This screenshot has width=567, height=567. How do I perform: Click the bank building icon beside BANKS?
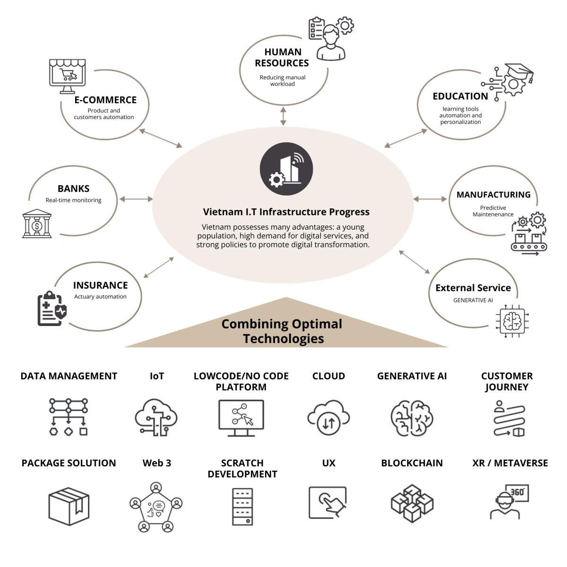pyautogui.click(x=37, y=223)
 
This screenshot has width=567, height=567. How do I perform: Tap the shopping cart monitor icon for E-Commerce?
pyautogui.click(x=68, y=76)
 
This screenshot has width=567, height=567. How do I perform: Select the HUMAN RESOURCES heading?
pyautogui.click(x=282, y=58)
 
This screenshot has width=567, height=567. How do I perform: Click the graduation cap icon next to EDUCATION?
pyautogui.click(x=513, y=81)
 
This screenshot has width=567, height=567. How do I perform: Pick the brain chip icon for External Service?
pyautogui.click(x=512, y=321)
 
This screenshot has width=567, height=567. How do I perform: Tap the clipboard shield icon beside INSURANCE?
pyautogui.click(x=52, y=309)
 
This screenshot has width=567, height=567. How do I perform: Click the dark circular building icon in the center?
pyautogui.click(x=286, y=169)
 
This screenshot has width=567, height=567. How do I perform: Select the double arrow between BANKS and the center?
pyautogui.click(x=136, y=199)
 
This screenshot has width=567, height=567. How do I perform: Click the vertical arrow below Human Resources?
pyautogui.click(x=283, y=116)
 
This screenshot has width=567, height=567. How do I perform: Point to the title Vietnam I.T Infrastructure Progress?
pyautogui.click(x=286, y=212)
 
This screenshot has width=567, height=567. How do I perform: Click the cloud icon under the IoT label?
pyautogui.click(x=156, y=417)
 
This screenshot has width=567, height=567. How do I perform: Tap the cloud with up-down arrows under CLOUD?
pyautogui.click(x=329, y=418)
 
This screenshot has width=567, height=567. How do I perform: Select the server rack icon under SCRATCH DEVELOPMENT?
pyautogui.click(x=242, y=507)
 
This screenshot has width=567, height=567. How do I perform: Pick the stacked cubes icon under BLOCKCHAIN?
pyautogui.click(x=412, y=503)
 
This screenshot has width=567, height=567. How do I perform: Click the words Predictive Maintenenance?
pyautogui.click(x=493, y=211)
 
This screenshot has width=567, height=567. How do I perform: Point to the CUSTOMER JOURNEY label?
pyautogui.click(x=507, y=381)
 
